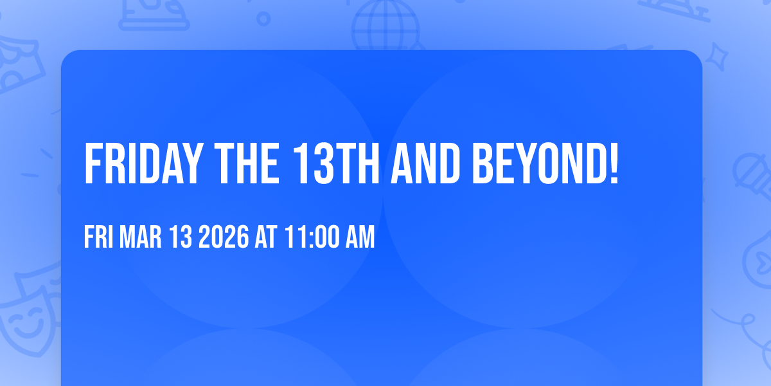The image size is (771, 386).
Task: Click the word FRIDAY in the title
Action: pos(143,163)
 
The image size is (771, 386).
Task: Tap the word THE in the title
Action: pos(247,163)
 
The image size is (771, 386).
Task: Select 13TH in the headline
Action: pos(336,163)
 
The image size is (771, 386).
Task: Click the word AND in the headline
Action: pos(425,163)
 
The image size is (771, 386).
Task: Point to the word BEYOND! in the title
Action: pos(545,163)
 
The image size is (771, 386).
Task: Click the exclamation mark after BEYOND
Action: pos(614,163)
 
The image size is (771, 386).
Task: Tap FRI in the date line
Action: pos(98,237)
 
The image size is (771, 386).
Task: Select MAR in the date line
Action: pos(140,237)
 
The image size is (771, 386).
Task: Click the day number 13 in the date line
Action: pos(181,237)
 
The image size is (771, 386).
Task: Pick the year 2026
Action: pos(224,237)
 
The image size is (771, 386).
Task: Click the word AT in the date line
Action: pos(266,237)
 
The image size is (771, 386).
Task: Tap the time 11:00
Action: pos(312,237)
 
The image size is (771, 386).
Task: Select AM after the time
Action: pos(360,237)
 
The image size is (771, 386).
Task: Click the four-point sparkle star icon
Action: pos(716,57)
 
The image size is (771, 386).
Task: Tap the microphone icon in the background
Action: pos(752,176)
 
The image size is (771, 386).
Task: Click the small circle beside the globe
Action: pos(263,19)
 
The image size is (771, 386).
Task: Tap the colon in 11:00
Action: pos(312,238)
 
